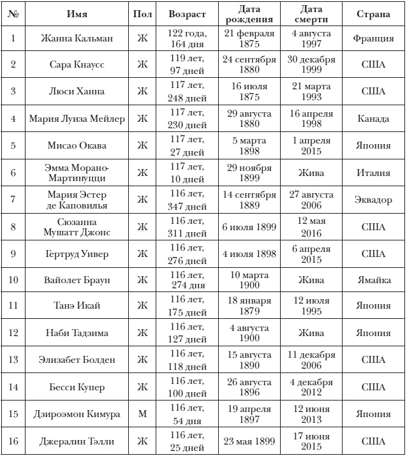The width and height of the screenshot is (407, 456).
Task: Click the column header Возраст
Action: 187,14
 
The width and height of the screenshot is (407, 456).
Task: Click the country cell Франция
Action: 374,38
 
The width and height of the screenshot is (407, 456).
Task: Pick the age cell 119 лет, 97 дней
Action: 187,65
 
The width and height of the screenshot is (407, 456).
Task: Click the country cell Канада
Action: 374,119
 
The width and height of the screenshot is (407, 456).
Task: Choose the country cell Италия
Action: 374,173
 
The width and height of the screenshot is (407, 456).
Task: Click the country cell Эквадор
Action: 374,200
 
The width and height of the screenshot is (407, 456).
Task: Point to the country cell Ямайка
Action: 374,279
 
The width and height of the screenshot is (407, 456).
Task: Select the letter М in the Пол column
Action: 142,414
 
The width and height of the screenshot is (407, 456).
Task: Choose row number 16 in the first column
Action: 13,441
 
